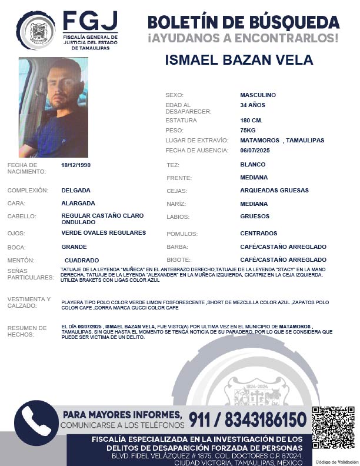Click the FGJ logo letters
pos(90,23)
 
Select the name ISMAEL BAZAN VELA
pos(239,61)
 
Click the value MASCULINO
pos(258,95)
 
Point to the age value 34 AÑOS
pos(252,105)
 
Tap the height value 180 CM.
pos(251,120)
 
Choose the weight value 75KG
pos(248,130)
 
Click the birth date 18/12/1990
pos(76,165)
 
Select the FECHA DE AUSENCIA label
pos(196,151)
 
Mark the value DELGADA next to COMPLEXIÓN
pos(76,191)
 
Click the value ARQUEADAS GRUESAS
pos(274,191)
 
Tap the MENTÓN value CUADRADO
pos(81,260)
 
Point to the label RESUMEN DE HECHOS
pos(26,331)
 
